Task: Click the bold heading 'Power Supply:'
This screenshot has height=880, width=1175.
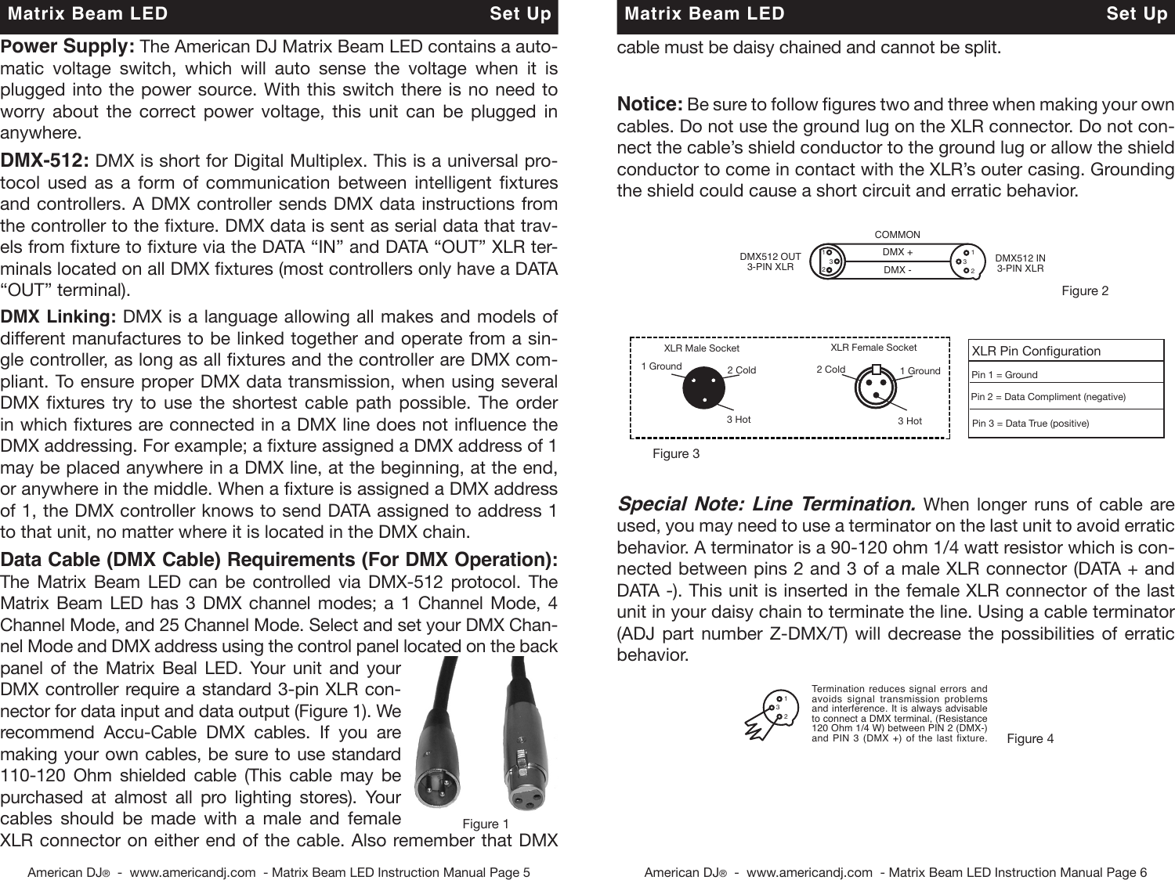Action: tap(67, 46)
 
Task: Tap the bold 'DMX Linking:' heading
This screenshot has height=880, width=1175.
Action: tap(59, 317)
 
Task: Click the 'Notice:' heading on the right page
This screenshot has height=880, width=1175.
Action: tap(650, 105)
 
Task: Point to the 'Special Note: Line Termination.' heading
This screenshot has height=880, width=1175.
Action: tap(767, 503)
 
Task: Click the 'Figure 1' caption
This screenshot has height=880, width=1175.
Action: tap(485, 824)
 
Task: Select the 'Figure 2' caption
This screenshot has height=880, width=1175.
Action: tap(1084, 291)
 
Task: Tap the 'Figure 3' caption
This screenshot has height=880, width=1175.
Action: tap(675, 454)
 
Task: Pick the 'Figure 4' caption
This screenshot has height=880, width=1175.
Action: tap(1029, 738)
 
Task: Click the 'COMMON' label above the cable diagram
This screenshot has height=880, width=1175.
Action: tap(897, 235)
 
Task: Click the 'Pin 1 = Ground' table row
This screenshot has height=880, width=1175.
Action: tap(1065, 375)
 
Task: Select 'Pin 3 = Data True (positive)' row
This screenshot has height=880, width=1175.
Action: tap(1065, 424)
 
